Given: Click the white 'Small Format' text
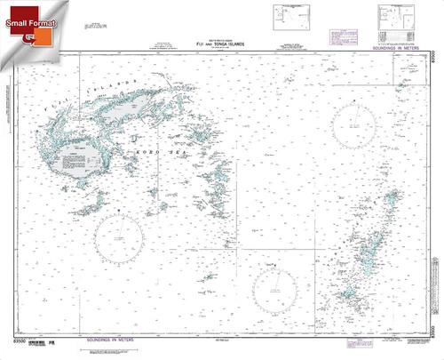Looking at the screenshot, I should pos(30,19).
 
